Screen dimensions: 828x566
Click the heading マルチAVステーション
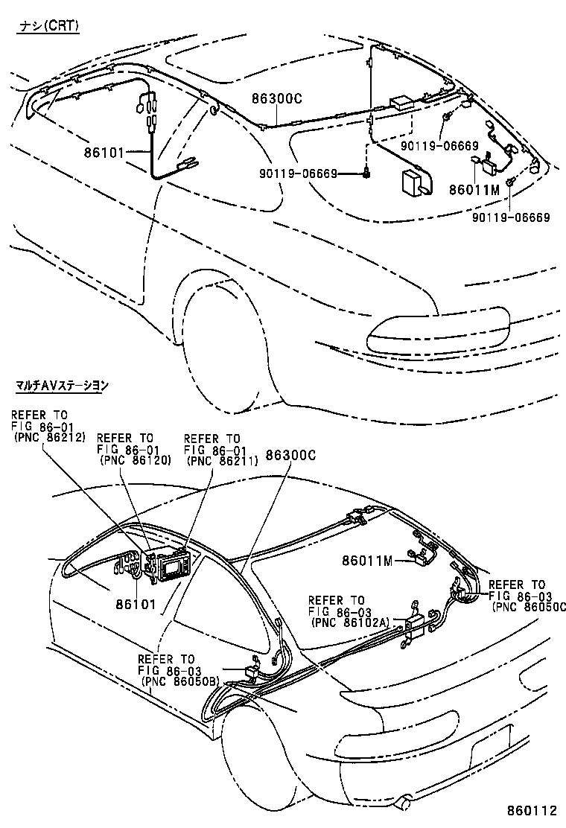coord(63,386)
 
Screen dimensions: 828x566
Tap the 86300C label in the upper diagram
coord(276,98)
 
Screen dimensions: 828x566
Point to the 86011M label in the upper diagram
coord(474,189)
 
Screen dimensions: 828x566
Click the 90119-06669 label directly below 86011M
coord(511,217)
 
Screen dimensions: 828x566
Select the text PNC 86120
coord(135,460)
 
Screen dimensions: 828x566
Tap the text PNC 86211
coord(222,460)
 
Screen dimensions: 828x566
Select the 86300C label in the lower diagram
coord(290,454)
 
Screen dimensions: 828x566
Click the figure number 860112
coord(530,810)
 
